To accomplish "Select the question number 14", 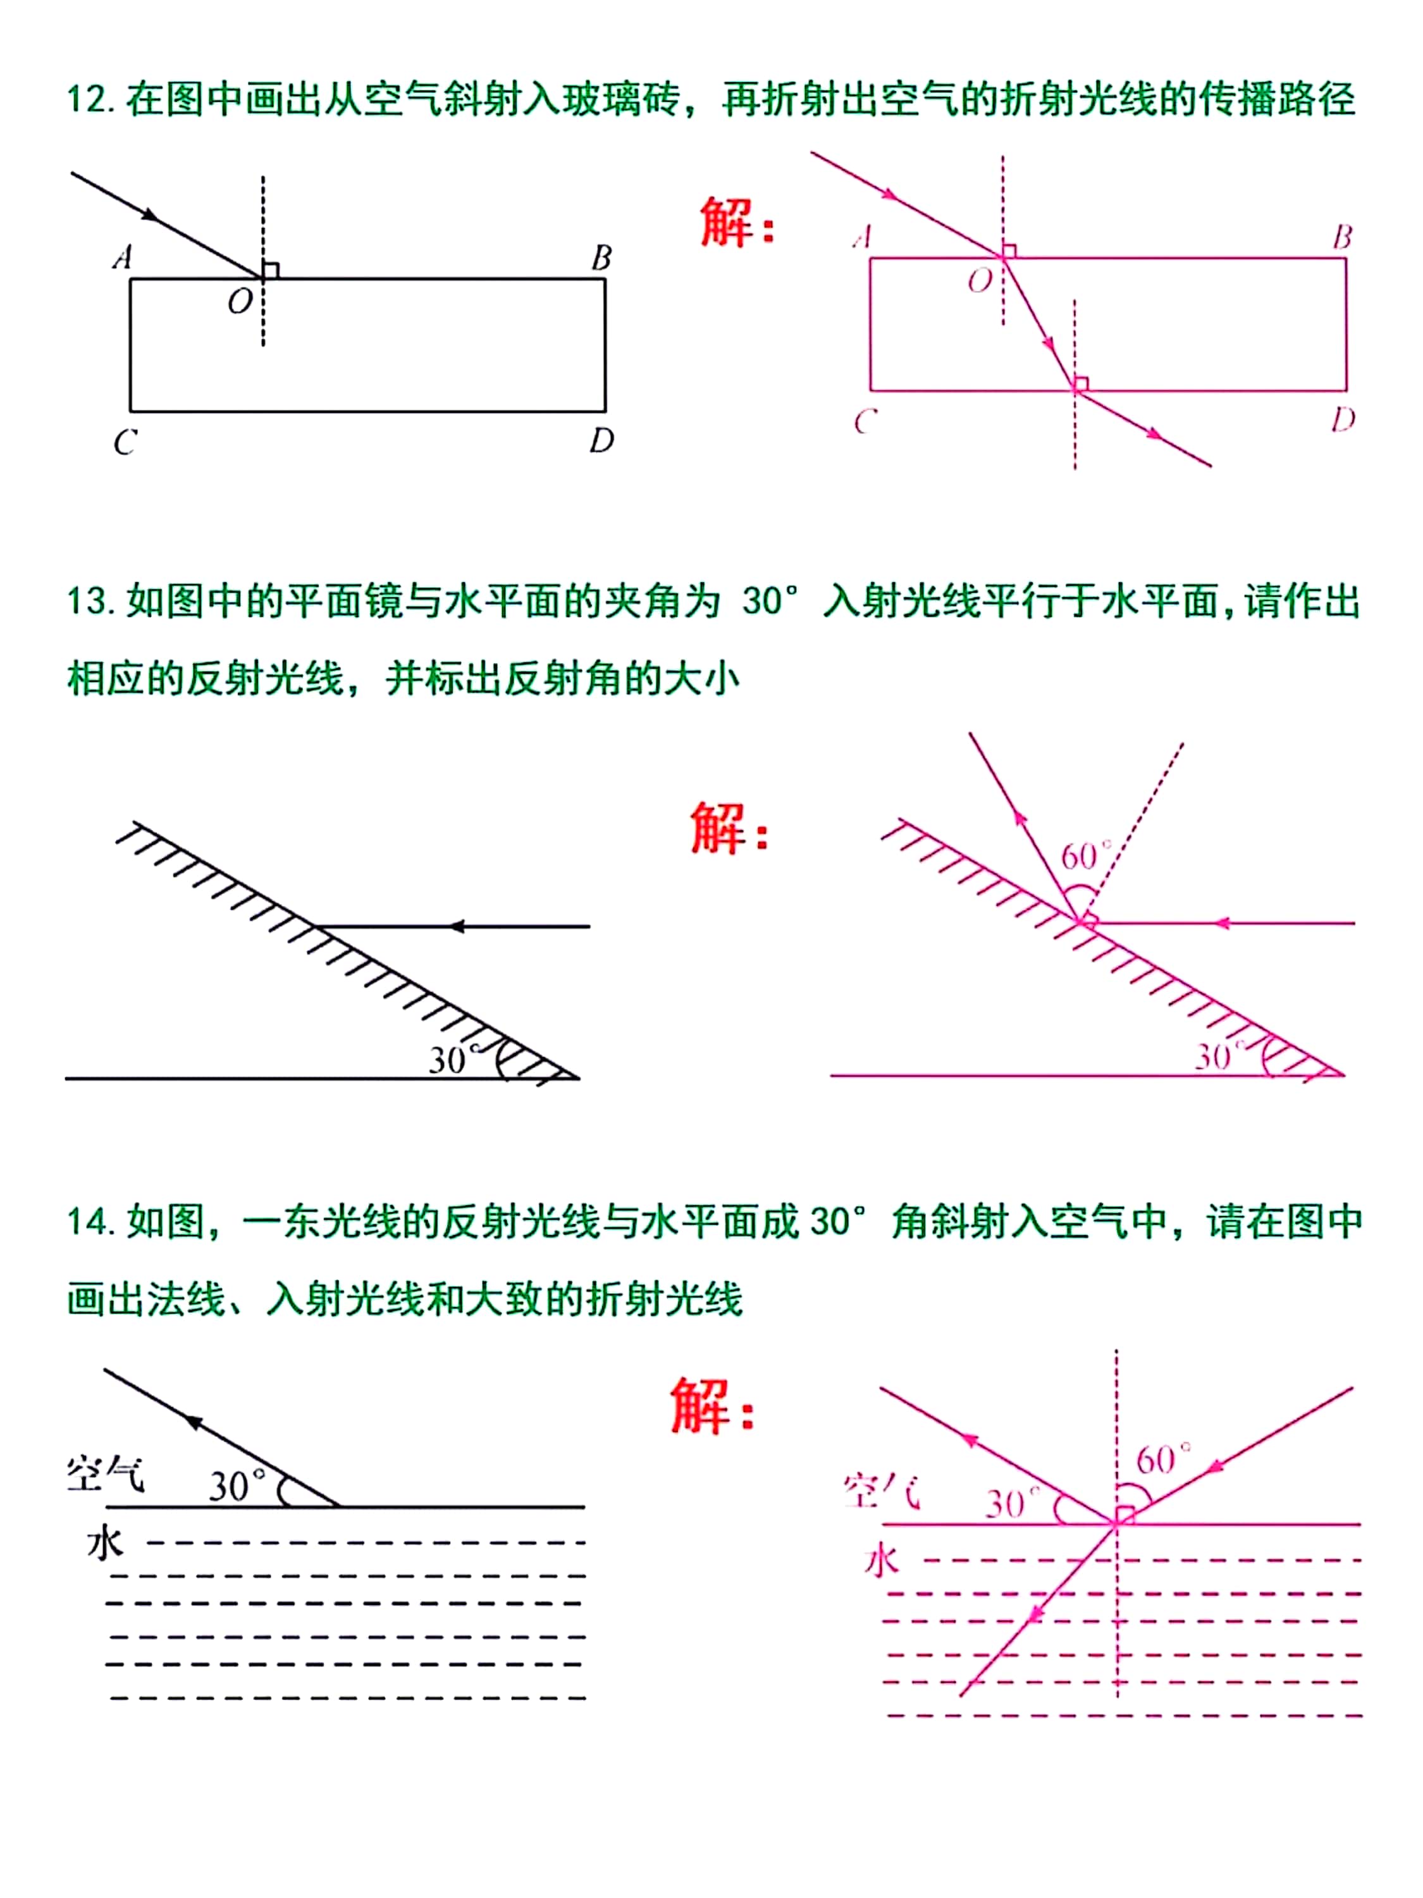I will [89, 1222].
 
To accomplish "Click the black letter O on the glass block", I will [239, 302].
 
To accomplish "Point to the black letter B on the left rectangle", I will [601, 257].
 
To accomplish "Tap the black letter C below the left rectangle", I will [125, 442].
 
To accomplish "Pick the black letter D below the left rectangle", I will [601, 441].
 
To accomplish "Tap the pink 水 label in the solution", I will [882, 1561].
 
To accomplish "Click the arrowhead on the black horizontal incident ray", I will [457, 927].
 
